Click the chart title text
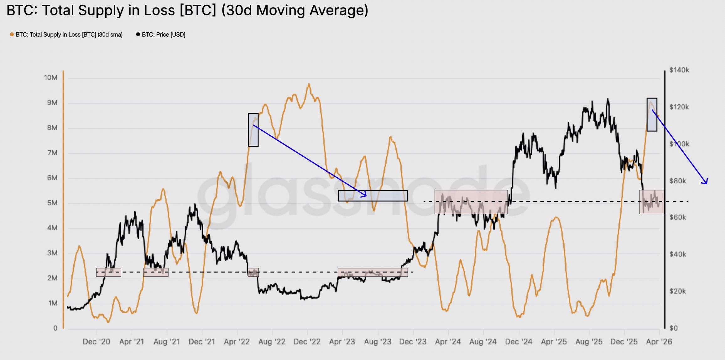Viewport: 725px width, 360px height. (187, 10)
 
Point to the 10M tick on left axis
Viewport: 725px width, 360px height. (51, 78)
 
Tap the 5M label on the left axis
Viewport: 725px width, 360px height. (52, 203)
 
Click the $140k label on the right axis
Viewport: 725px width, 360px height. (679, 70)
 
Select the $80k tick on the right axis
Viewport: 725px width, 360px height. (677, 181)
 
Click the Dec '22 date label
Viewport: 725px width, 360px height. (307, 342)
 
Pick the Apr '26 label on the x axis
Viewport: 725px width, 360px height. (659, 342)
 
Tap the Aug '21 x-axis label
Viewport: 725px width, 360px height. (166, 342)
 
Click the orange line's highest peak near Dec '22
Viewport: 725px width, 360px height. (309, 84)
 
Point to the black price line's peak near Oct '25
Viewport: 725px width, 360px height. (608, 99)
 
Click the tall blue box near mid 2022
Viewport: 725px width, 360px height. (253, 130)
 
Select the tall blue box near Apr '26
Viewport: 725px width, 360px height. (652, 114)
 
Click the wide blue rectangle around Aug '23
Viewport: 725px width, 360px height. (373, 196)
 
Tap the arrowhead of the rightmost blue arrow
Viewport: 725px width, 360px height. (706, 183)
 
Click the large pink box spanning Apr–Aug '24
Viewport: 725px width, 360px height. (471, 202)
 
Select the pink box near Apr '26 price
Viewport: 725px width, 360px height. (652, 202)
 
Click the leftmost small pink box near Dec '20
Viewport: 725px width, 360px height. (108, 272)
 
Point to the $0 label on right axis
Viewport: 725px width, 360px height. (673, 328)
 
